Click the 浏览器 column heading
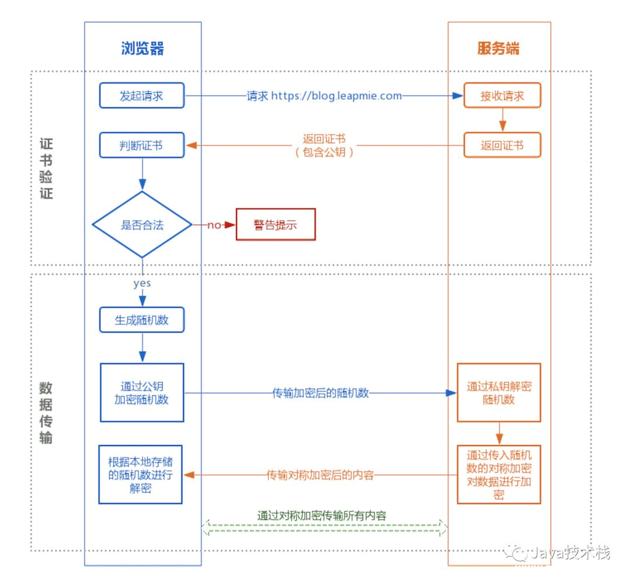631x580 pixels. pos(143,48)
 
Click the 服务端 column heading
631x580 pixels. pos(498,48)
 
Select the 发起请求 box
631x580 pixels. pos(142,96)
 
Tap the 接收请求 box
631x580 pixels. pos(502,96)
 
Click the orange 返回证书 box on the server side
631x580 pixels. pos(502,145)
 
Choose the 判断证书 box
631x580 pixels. pos(142,145)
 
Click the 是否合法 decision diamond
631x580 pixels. pos(142,225)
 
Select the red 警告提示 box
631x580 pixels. pos(275,225)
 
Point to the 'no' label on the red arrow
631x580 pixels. pos(214,225)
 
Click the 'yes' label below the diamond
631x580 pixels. pos(142,283)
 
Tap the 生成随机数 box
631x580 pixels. pos(142,320)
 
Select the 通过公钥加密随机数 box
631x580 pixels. pos(142,393)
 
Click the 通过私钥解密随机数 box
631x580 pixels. pos(499,393)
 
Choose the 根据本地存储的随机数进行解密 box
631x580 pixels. pos(140,475)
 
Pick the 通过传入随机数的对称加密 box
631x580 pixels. pos(499,474)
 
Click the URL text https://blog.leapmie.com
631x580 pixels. pos(336,96)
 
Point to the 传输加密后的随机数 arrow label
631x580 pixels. pos(321,393)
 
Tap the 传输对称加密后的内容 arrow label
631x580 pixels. pos(320,475)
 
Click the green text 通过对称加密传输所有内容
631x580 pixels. pos(322,515)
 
